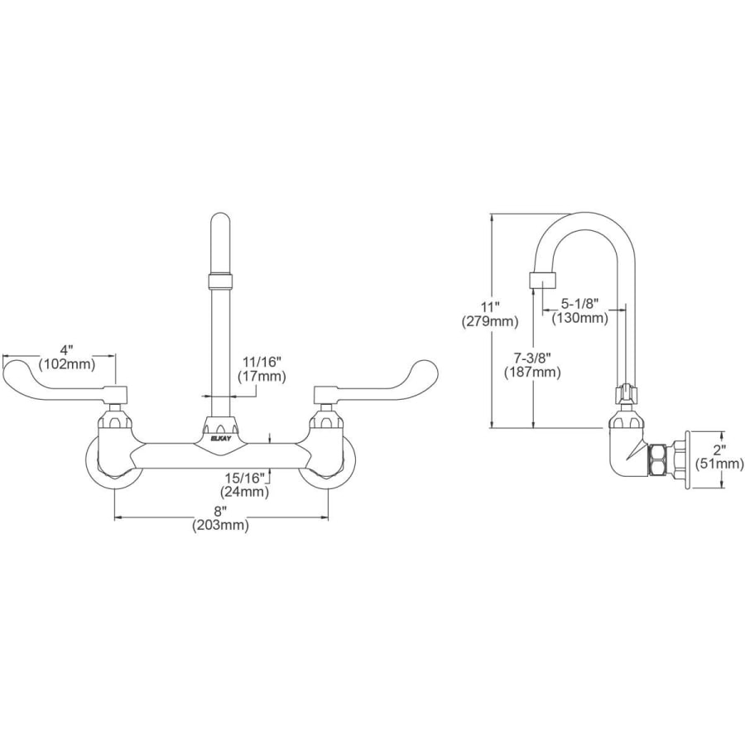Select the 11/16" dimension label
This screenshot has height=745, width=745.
tap(262, 362)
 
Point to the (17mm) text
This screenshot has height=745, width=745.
tap(262, 377)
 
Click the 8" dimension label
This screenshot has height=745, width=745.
tap(220, 511)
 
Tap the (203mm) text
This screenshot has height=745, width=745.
tap(220, 525)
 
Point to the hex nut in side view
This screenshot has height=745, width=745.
tap(659, 459)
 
